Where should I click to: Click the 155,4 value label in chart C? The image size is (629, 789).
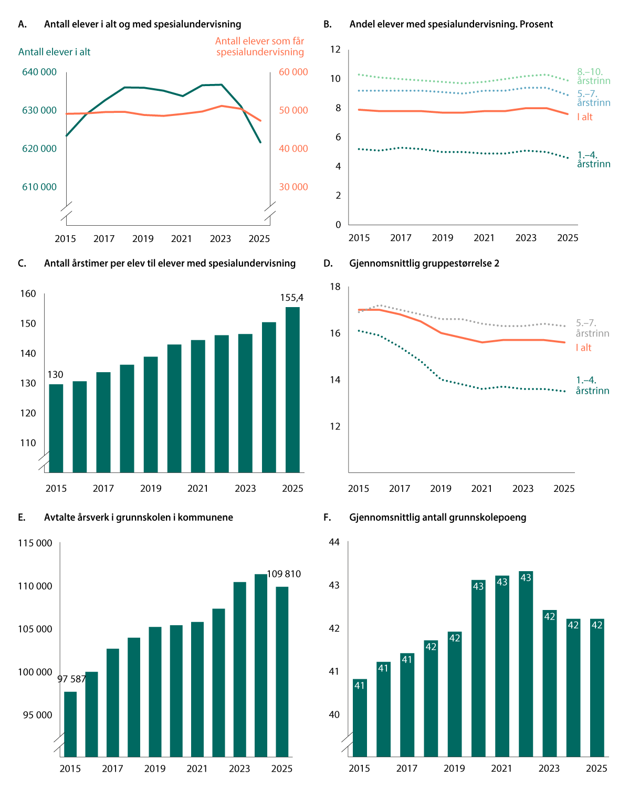291,297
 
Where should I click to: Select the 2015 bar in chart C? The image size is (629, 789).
56,428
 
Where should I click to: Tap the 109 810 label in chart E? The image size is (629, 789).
284,574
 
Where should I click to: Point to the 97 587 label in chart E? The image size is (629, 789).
71,679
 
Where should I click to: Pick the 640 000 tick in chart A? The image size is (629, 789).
39,72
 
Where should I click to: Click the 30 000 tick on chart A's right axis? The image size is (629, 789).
293,187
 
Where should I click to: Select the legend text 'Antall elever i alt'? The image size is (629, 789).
54,52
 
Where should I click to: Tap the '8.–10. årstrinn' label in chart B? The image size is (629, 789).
593,76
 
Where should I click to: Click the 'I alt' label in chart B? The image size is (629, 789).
584,117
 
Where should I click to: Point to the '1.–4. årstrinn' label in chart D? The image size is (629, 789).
592,385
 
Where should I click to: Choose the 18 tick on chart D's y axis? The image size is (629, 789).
335,287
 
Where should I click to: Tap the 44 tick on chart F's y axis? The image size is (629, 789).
334,542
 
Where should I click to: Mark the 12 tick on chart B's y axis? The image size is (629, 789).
335,49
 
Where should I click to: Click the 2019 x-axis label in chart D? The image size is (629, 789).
441,489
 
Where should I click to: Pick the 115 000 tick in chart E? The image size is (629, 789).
35,543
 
